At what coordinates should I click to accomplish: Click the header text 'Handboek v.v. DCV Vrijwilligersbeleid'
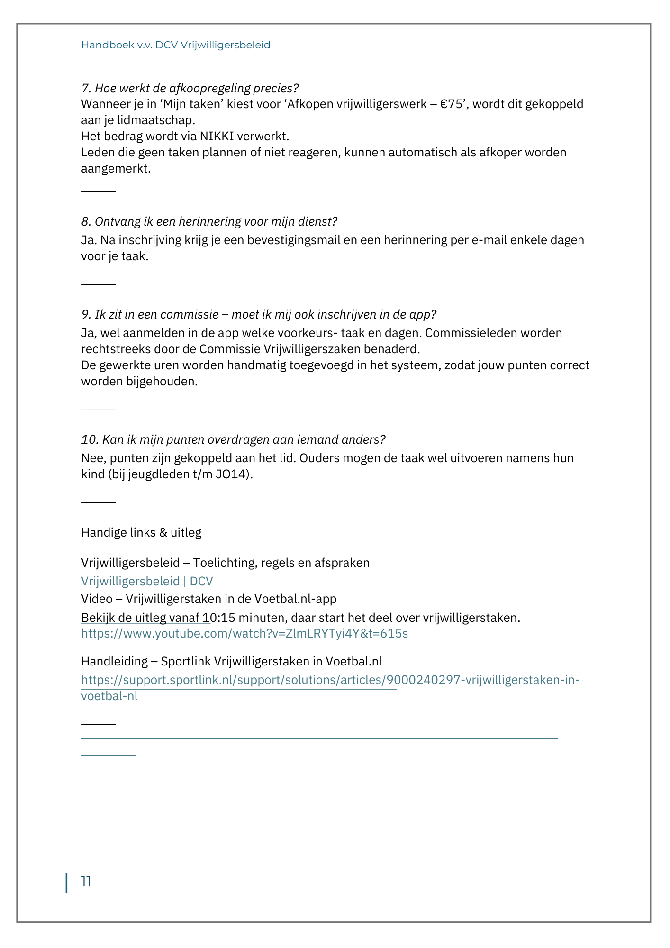(175, 45)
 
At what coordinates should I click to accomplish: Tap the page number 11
(86, 882)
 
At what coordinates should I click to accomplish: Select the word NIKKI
(217, 137)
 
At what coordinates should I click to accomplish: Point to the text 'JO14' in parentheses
(233, 474)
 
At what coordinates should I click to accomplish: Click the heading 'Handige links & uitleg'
(141, 532)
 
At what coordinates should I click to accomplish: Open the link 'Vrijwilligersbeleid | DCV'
(147, 581)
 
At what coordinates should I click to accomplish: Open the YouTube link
(244, 633)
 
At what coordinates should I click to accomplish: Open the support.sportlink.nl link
(330, 680)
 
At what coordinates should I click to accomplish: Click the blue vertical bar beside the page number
(66, 883)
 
